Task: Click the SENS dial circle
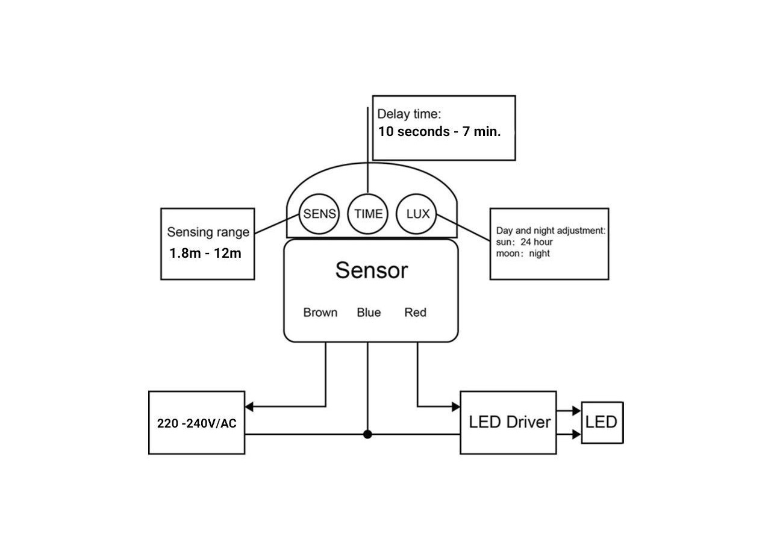(319, 214)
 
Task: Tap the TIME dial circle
(367, 214)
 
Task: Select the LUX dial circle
(417, 214)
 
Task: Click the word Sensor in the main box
(371, 270)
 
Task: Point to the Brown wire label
(320, 313)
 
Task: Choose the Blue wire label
(369, 313)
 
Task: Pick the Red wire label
(415, 313)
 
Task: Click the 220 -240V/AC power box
(196, 423)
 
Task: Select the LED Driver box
(508, 422)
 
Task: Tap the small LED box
(602, 422)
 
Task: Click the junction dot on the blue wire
(367, 434)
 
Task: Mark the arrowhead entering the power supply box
(249, 406)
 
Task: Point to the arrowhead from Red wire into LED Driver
(455, 406)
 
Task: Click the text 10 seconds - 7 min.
(439, 132)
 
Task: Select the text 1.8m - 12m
(205, 253)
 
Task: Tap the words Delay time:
(409, 114)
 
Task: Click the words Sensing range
(208, 232)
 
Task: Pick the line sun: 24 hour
(524, 242)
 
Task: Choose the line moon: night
(523, 254)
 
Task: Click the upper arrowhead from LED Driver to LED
(576, 411)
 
